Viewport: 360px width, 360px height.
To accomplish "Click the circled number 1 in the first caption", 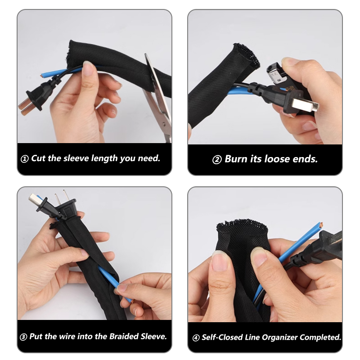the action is click(25, 159).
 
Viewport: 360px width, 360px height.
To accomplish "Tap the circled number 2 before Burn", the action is click(217, 160).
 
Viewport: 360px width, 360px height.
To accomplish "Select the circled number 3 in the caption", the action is click(23, 337).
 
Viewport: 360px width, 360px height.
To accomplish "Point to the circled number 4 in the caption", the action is click(196, 338).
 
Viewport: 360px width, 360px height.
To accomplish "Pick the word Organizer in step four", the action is click(279, 337).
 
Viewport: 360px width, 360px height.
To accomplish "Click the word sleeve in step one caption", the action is click(76, 158).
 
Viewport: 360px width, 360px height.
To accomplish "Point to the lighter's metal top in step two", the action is click(275, 72).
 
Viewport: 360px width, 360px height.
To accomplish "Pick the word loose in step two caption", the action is click(277, 159).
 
